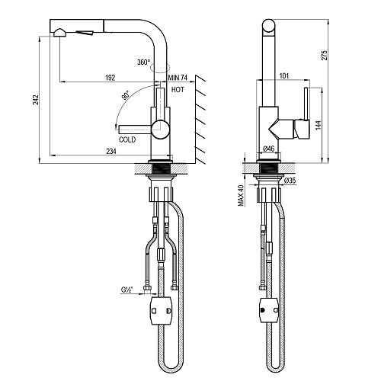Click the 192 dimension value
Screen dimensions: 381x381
coord(110,78)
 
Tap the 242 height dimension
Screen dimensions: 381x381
coord(36,100)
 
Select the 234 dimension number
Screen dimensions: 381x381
coord(111,151)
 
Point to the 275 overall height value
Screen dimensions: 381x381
coord(325,56)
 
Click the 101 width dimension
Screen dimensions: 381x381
coord(284,75)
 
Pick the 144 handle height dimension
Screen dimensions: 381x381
coord(319,125)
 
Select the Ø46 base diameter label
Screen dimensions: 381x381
coord(268,149)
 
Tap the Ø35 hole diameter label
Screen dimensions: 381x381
coord(290,181)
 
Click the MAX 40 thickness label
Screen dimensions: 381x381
coord(241,195)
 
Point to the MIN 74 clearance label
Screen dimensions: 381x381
coord(178,78)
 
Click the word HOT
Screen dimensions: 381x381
coord(178,89)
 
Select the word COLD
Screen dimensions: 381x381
coord(127,139)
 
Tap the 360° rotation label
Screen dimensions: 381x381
coord(144,62)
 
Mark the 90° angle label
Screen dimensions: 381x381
coord(125,95)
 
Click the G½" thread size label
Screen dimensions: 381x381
coord(127,290)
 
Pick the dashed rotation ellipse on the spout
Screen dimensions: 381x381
coord(160,68)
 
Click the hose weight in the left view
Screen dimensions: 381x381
coord(162,310)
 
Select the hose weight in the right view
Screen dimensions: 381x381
coord(269,310)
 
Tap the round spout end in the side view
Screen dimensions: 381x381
coord(268,26)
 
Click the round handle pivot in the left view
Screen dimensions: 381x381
coord(161,130)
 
